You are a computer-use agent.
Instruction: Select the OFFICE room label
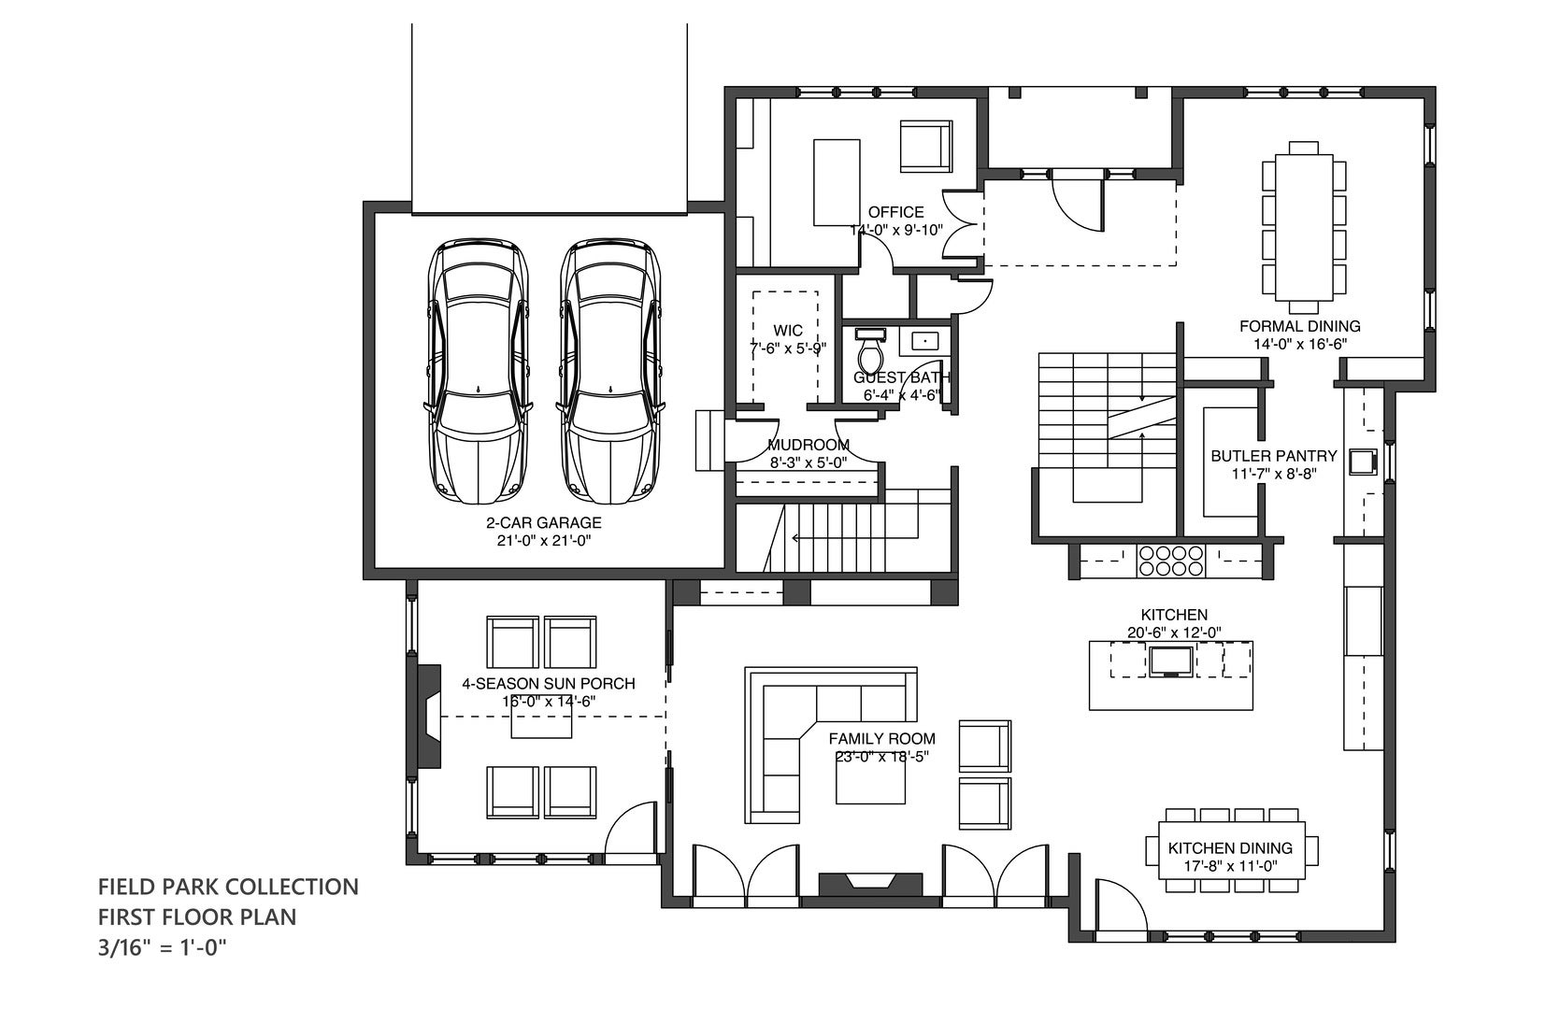tap(895, 212)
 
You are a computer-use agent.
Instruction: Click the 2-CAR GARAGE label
tap(543, 522)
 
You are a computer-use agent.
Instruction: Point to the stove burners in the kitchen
tap(1170, 561)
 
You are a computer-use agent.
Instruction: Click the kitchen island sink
tap(1170, 661)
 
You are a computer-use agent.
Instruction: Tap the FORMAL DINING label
tap(1299, 326)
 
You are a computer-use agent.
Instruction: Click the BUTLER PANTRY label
tap(1274, 456)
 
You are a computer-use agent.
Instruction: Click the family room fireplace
tap(870, 885)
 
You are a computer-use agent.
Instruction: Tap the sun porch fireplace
tap(429, 716)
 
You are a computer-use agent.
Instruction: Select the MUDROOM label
tap(809, 445)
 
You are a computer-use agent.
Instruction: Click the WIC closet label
tap(788, 330)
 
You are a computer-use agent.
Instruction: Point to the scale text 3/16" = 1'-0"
tap(163, 947)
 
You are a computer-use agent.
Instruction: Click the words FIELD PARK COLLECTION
tap(228, 887)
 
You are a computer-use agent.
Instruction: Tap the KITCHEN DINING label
tap(1230, 848)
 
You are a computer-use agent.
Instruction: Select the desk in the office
tap(837, 182)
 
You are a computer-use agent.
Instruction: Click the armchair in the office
tap(925, 147)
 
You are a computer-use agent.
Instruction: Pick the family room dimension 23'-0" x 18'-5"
tap(882, 757)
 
